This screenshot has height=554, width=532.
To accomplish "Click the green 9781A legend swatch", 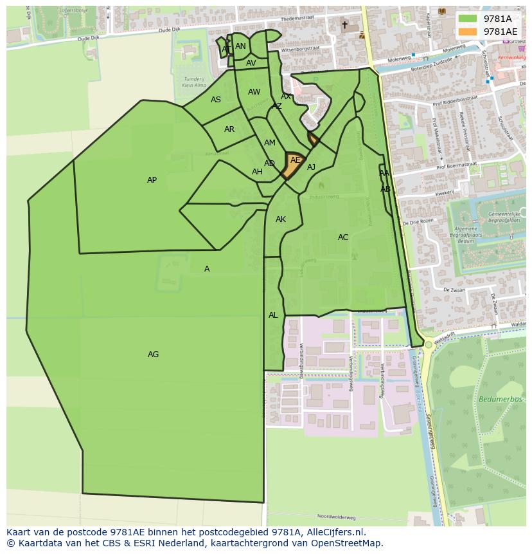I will pos(468,19).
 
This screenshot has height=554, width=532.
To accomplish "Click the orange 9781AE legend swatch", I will pos(468,32).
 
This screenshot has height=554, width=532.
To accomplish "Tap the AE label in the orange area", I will pos(295,160).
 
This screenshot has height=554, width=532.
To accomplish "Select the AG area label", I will pos(153,355).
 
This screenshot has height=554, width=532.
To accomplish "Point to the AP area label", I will pos(152,180).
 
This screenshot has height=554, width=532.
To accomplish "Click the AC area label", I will pos(343,237).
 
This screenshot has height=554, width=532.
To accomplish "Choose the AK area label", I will pos(281,219).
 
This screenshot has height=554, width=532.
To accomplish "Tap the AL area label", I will pos(273,315).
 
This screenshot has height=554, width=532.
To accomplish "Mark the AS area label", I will pos(216,100).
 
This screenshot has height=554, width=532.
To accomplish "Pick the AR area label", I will pos(229,129).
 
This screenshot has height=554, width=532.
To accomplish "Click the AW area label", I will pos(254,92).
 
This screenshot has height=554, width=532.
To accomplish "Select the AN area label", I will pos(240,46).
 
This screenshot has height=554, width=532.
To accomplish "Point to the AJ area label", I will pos(312,167).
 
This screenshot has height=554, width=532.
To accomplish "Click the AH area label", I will pos(257,172).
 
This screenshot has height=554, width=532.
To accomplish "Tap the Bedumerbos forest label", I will pos(495,400).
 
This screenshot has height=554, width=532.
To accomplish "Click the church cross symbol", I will pos(344,25).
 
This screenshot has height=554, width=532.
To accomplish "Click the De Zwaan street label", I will pos(454,290).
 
